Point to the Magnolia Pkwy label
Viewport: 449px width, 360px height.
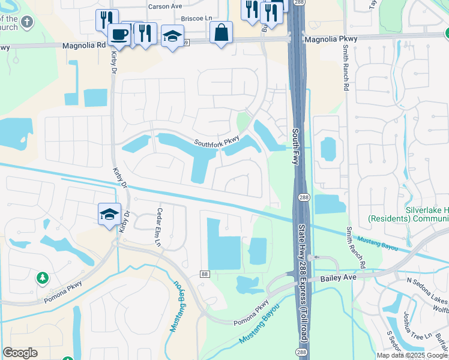(331, 39)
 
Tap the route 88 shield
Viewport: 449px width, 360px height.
(205, 274)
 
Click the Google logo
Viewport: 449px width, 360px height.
(20, 353)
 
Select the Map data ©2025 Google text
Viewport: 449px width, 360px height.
(412, 355)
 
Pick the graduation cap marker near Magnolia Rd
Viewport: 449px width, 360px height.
(172, 36)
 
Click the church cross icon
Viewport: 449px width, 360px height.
(26, 23)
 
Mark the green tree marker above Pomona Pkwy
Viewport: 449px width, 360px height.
(43, 278)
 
